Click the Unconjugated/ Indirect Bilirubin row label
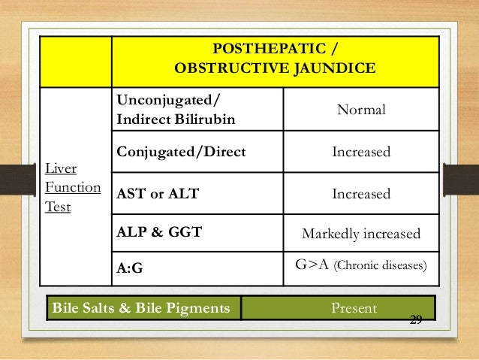click(x=174, y=110)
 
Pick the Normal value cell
click(x=361, y=110)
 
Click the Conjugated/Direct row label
click(x=180, y=152)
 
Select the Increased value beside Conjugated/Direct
click(x=361, y=153)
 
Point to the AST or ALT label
click(x=158, y=193)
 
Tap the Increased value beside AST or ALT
click(x=361, y=194)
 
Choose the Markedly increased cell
click(x=361, y=234)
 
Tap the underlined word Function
click(x=74, y=187)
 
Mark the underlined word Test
click(x=58, y=207)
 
